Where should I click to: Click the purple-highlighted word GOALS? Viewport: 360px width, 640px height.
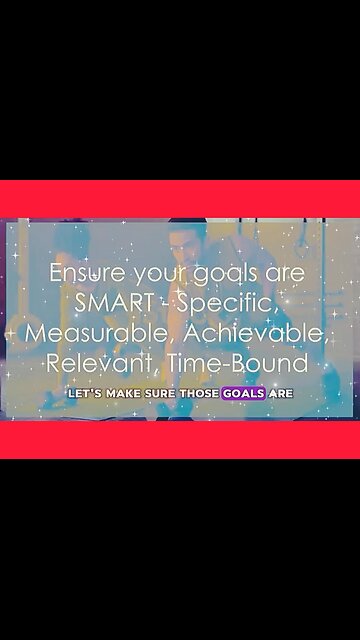[x=245, y=394]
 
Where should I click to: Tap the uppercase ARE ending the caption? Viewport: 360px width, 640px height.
[x=281, y=394]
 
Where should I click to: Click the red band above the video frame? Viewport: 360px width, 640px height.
[x=180, y=198]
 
